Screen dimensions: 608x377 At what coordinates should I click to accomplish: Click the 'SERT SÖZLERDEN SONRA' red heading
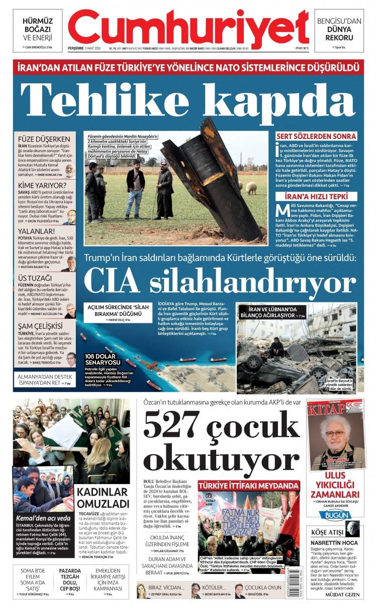(317, 136)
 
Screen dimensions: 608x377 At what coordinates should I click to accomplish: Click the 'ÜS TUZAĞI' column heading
(35, 278)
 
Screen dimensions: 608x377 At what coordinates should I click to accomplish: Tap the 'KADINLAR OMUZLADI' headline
(103, 497)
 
